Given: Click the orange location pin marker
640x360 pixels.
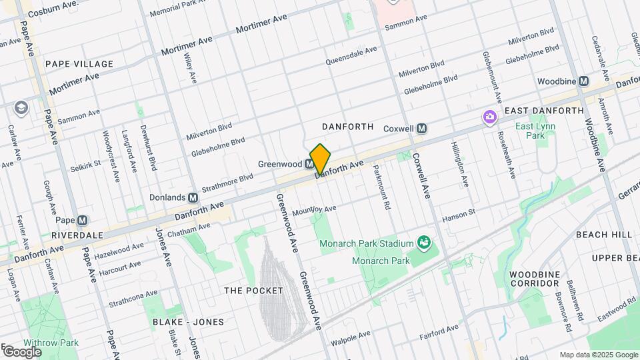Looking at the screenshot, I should tap(321, 159).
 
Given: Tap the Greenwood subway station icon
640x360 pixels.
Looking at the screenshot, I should tap(310, 164).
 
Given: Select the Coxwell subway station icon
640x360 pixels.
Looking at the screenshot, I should tap(421, 129).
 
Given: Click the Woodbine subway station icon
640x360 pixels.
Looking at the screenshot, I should tap(584, 81).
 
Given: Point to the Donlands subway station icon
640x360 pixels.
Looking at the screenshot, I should tap(193, 198).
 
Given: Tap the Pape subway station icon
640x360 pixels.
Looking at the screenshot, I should tap(82, 221).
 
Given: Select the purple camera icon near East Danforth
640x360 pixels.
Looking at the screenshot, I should tap(490, 117).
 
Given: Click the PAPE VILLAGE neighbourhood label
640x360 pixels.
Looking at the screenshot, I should tap(79, 64).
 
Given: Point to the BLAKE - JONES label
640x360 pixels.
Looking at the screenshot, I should tap(188, 322).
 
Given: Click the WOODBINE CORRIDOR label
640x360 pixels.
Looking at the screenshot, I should tap(534, 279).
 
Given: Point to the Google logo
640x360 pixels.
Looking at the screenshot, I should tap(22, 351).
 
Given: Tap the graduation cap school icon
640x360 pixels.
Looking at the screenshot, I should tap(21, 107).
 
